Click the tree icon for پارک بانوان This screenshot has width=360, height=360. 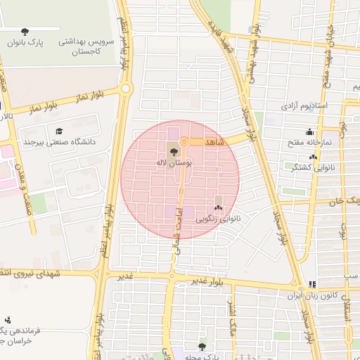click(x=25, y=32)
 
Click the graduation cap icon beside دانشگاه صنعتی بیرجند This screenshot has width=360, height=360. click(x=59, y=131)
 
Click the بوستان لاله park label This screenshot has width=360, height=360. click(x=174, y=162)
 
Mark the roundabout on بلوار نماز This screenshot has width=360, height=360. click(x=127, y=89)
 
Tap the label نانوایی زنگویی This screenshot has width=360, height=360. click(x=219, y=219)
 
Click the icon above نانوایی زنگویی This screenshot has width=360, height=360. click(x=218, y=207)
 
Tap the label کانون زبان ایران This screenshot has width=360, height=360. click(x=311, y=295)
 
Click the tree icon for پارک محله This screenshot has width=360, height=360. click(x=202, y=347)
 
